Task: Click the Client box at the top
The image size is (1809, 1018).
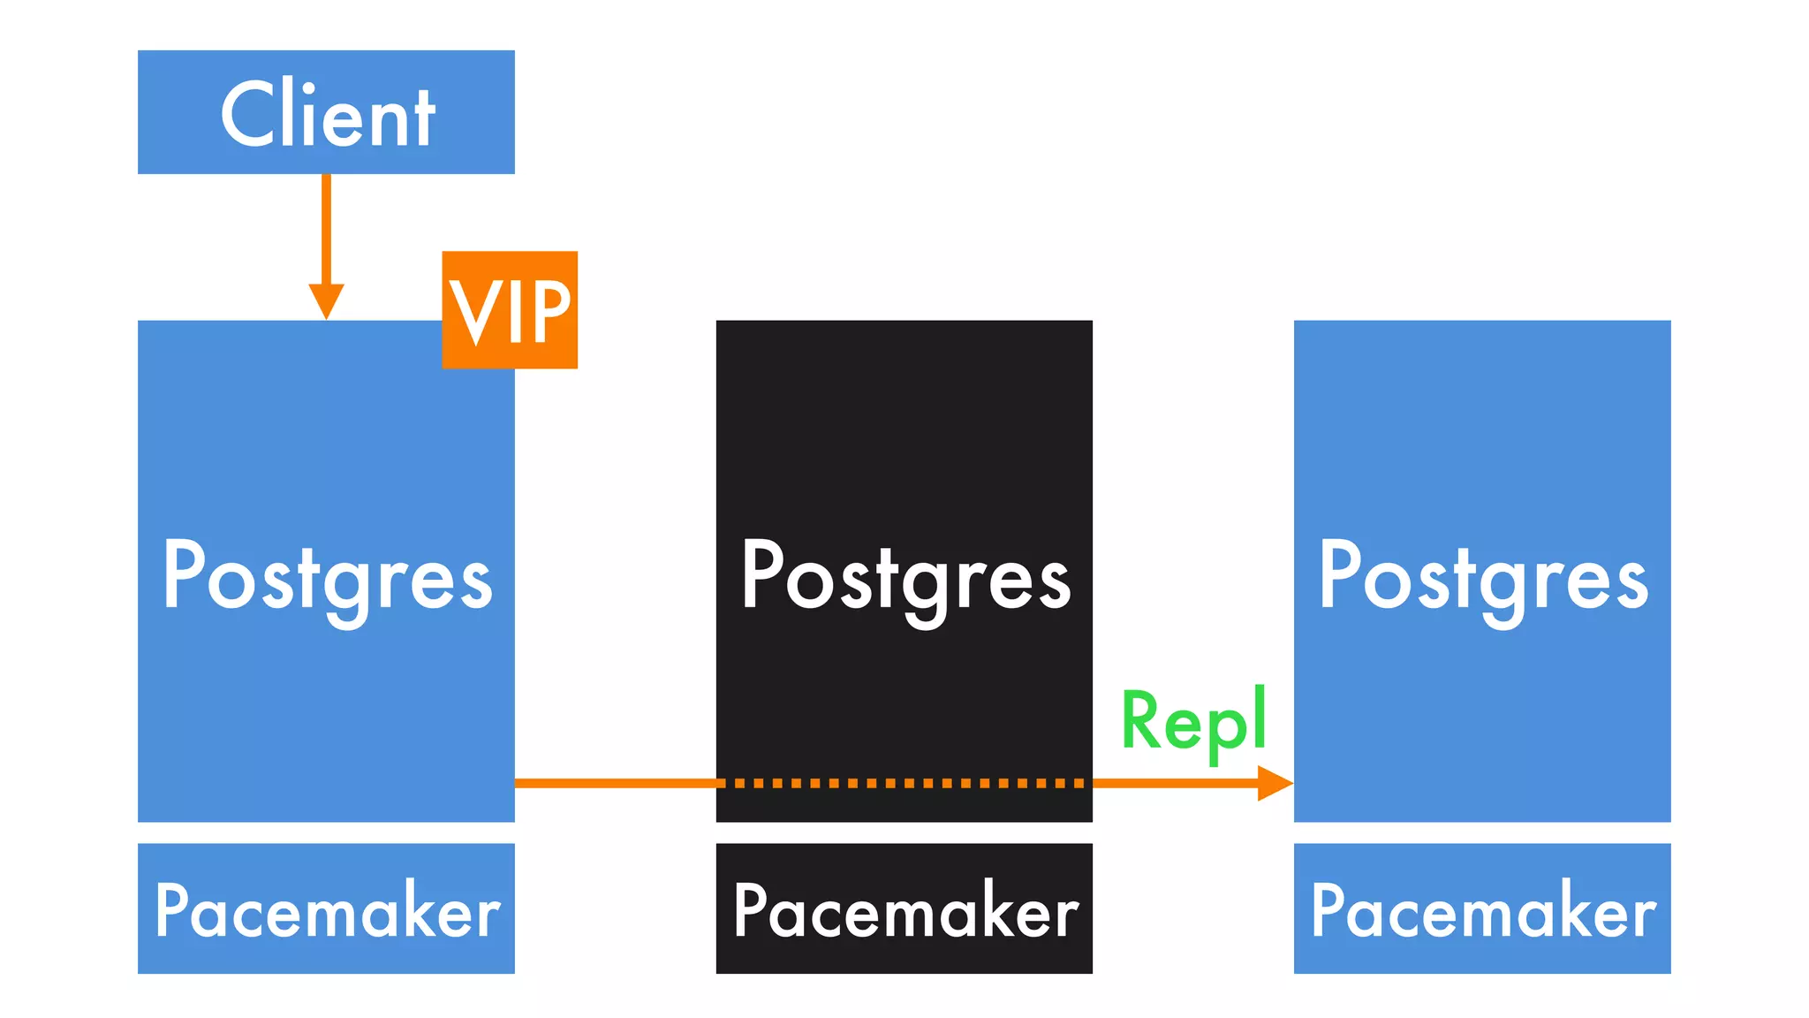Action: tap(326, 112)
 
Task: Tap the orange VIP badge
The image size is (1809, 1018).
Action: tap(510, 309)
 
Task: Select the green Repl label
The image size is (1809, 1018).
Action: tap(1193, 721)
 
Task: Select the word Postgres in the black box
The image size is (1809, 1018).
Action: tap(904, 577)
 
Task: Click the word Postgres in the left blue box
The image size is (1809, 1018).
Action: tap(327, 577)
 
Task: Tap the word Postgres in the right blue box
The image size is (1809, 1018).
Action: tap(1482, 577)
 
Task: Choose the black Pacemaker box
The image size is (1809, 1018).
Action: tap(904, 908)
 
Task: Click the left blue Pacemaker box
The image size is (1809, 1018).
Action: tap(326, 908)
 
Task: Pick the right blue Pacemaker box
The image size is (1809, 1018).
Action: tap(1482, 908)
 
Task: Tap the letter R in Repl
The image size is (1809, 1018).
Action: tap(1139, 719)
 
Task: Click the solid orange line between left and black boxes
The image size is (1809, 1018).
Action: tap(615, 783)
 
